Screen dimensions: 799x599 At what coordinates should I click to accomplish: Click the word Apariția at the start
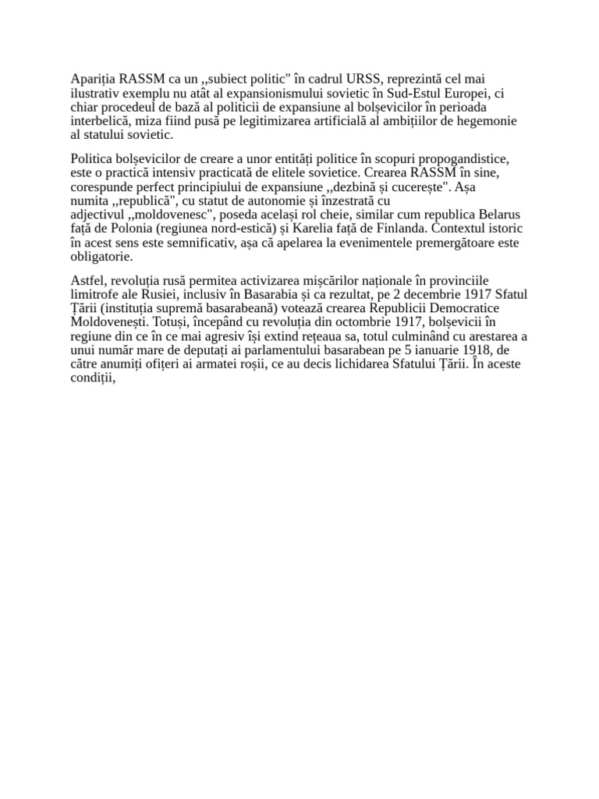pyautogui.click(x=92, y=79)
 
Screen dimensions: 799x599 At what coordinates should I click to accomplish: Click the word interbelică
pyautogui.click(x=102, y=121)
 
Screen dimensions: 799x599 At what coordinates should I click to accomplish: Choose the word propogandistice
pyautogui.click(x=463, y=158)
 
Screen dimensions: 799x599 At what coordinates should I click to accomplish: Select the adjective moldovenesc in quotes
pyautogui.click(x=164, y=215)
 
